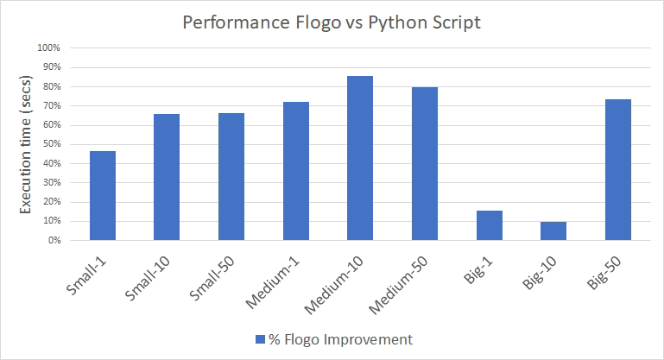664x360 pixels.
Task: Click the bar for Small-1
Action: [102, 196]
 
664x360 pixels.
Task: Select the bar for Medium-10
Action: [360, 158]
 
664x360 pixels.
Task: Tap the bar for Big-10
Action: [554, 231]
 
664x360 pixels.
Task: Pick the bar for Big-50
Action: [618, 170]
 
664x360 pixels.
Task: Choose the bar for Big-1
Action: [490, 225]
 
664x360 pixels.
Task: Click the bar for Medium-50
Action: [425, 164]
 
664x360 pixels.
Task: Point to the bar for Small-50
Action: [231, 177]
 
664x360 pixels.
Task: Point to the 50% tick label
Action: [49, 144]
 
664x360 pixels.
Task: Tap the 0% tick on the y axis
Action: [52, 241]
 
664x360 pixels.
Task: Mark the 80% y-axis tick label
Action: [49, 86]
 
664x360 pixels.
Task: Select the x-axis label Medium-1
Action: [281, 275]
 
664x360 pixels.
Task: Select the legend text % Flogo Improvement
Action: [340, 340]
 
